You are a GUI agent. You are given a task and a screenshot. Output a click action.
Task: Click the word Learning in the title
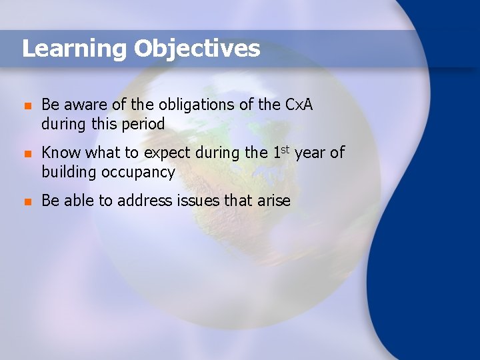tap(74, 49)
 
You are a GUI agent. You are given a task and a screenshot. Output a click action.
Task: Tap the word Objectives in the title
tap(197, 49)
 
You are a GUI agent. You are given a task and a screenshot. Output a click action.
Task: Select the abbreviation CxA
tap(299, 105)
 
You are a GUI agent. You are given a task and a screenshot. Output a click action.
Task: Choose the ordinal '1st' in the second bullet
tap(281, 152)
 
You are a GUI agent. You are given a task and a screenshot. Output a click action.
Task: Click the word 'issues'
tap(199, 201)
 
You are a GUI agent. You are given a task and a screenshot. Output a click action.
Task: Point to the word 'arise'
tap(273, 201)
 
